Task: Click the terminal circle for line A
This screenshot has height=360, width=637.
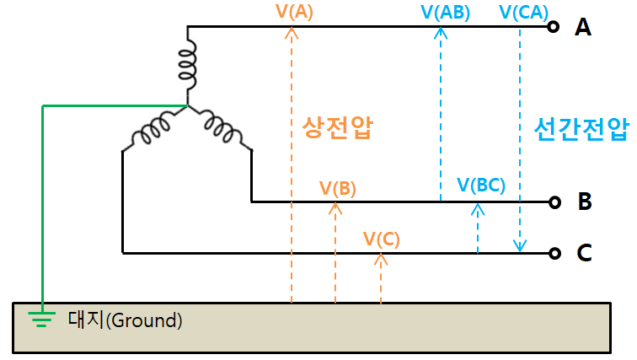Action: click(554, 27)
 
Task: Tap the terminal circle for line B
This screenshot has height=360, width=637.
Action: click(554, 202)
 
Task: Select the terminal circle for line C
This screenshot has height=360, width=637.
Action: click(554, 253)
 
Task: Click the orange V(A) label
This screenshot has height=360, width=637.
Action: click(295, 12)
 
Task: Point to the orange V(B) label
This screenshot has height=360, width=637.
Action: click(338, 188)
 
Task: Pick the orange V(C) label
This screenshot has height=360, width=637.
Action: click(382, 238)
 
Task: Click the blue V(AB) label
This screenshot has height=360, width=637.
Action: click(445, 12)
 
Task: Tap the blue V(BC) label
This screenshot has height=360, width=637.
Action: click(480, 185)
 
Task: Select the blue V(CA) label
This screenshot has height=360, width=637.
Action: click(524, 12)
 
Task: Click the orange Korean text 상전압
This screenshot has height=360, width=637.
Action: click(337, 127)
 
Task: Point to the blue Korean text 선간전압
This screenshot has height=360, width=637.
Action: click(581, 128)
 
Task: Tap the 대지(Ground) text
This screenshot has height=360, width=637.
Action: click(124, 320)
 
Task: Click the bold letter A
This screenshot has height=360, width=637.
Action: click(583, 27)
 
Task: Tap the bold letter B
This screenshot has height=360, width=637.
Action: click(584, 202)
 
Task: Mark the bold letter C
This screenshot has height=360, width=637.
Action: click(584, 253)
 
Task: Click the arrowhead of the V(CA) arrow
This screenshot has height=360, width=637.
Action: click(520, 247)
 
